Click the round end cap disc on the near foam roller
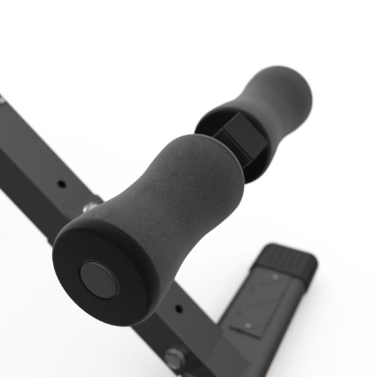pyautogui.click(x=99, y=278)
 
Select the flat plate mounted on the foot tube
pyautogui.click(x=261, y=301)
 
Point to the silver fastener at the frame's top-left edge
pyautogui.click(x=2, y=101)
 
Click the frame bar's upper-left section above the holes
pyautogui.click(x=26, y=142)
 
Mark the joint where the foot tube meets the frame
pyautogui.click(x=218, y=331)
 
